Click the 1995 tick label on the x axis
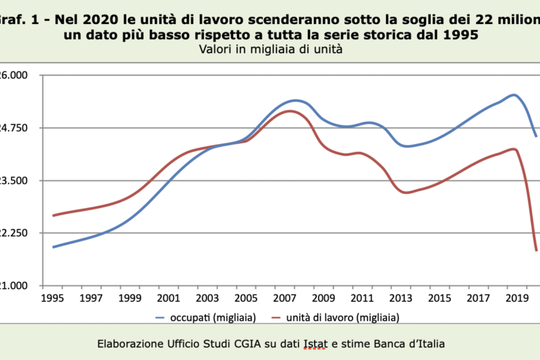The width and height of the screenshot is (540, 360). pos(53,298)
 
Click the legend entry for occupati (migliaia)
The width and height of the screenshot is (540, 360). pos(206,317)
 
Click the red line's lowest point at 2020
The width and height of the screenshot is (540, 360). pos(536,250)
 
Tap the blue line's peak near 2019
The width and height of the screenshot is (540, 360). pos(513,94)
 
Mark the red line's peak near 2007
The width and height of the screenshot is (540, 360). pos(290,111)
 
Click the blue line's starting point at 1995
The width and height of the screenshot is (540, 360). pos(53,247)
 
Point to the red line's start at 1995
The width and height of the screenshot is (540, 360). pos(53,215)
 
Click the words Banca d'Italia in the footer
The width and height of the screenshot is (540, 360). pos(407,344)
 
